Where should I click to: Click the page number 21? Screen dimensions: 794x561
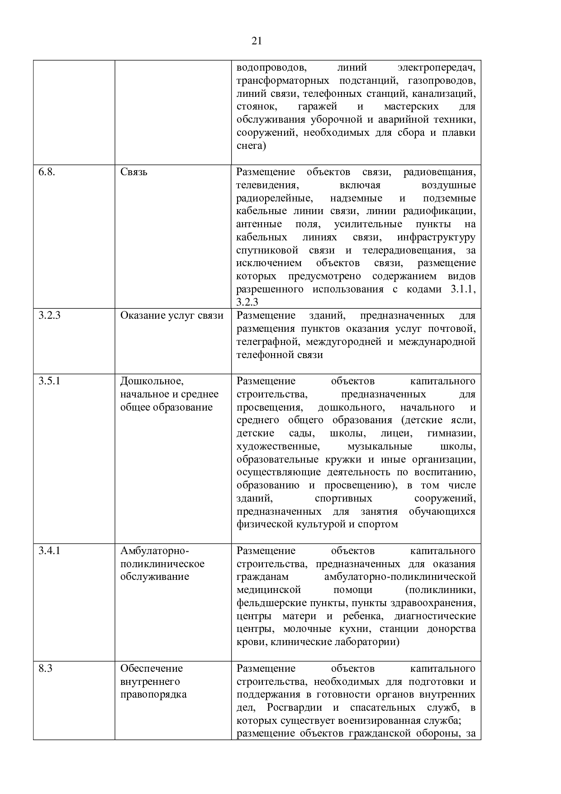(257, 41)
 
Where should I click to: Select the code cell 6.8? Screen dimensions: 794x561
(47, 172)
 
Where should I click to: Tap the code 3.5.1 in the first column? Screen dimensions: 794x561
(49, 381)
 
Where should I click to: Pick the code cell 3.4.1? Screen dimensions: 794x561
(49, 550)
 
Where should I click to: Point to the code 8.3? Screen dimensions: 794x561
(45, 668)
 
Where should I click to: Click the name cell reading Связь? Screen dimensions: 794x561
(133, 172)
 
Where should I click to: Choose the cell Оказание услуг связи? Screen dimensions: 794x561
(171, 316)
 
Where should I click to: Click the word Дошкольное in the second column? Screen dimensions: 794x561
(151, 381)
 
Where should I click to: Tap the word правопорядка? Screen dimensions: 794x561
(153, 694)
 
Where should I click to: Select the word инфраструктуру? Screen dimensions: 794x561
(436, 237)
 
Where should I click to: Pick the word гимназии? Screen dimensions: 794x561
(451, 433)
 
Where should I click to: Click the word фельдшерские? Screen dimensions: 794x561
(270, 603)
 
